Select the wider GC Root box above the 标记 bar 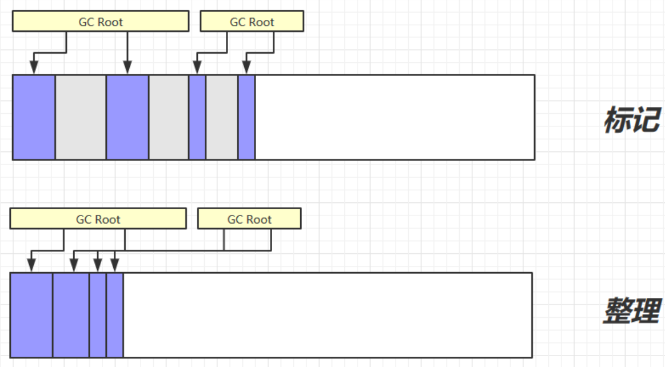pos(101,22)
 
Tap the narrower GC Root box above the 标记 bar pos(252,22)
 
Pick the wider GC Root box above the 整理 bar pos(98,219)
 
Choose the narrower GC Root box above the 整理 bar pos(249,219)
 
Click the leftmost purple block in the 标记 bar pos(34,117)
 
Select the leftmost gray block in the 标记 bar pos(81,117)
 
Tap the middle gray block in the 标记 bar pos(169,117)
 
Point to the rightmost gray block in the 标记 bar pos(222,117)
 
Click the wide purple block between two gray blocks pos(128,117)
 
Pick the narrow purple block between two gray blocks pos(197,117)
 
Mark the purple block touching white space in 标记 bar pos(246,117)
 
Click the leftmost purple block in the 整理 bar pos(31,316)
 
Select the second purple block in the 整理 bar pos(71,316)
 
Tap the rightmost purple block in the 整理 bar pos(115,316)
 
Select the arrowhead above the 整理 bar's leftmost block pos(31,266)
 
